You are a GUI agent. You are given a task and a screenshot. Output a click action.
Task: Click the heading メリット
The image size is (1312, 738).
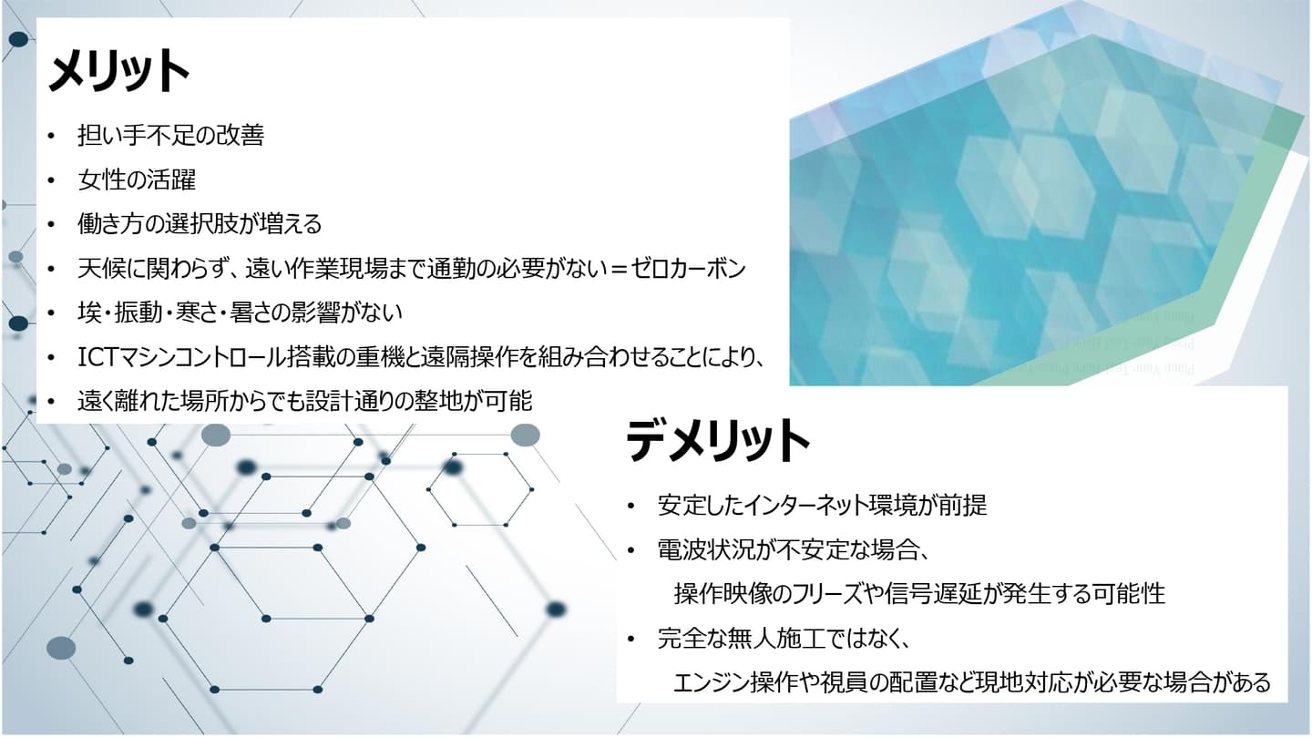pyautogui.click(x=118, y=70)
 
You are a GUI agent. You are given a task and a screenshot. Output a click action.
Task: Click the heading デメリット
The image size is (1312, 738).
pyautogui.click(x=718, y=440)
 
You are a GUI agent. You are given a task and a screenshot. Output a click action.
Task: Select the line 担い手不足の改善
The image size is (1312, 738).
pyautogui.click(x=171, y=135)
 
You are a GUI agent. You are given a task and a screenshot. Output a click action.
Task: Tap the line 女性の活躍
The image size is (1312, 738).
pyautogui.click(x=137, y=179)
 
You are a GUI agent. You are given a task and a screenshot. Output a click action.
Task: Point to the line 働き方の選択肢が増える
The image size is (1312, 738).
pyautogui.click(x=200, y=224)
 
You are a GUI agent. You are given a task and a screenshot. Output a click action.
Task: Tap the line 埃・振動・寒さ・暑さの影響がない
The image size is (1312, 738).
pyautogui.click(x=241, y=313)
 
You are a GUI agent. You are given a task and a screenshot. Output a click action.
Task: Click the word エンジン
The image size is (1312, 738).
pyautogui.click(x=711, y=682)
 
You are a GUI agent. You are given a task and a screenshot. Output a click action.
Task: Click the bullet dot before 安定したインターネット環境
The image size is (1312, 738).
pyautogui.click(x=630, y=506)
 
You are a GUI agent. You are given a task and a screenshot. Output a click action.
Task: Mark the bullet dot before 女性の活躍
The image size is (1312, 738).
pyautogui.click(x=51, y=180)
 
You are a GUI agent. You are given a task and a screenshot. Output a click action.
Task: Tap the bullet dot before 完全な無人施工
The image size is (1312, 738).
pyautogui.click(x=630, y=639)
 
